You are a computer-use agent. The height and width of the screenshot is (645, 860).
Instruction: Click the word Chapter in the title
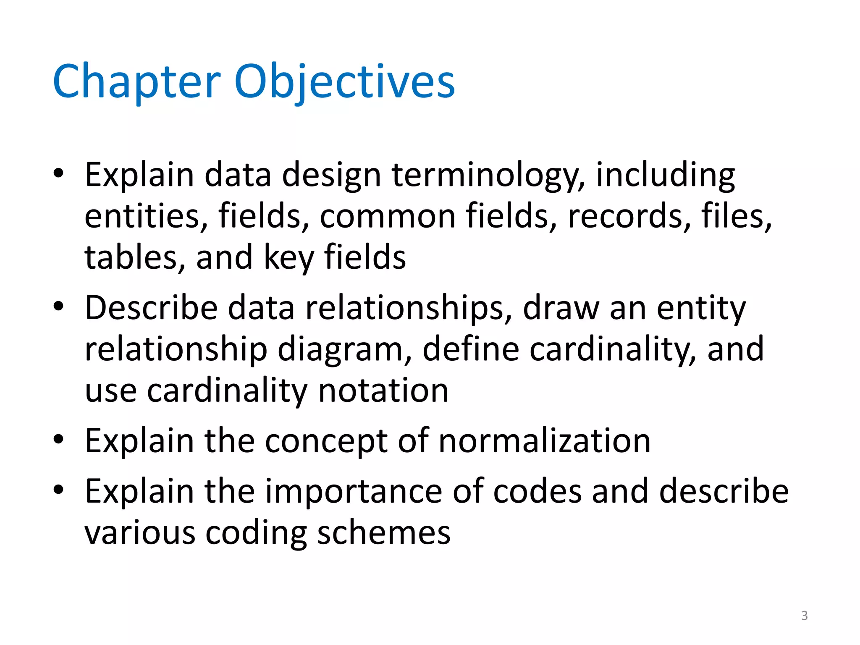click(x=136, y=82)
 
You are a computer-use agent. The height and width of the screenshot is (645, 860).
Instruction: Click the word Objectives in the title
click(x=344, y=82)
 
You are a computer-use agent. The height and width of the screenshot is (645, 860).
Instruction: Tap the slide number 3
click(x=804, y=616)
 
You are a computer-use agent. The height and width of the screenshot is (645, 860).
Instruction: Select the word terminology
click(x=488, y=176)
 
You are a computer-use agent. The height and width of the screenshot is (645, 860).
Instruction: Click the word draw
click(x=561, y=308)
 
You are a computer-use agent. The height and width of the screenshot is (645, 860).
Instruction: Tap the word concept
click(x=326, y=442)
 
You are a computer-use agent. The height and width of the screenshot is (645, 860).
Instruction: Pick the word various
click(x=140, y=533)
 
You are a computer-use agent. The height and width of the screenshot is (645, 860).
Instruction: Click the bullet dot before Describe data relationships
click(x=58, y=306)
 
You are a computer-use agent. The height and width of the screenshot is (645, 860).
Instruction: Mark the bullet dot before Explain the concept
click(x=58, y=439)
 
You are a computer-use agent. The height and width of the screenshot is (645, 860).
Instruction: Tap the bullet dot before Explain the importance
click(x=58, y=489)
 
